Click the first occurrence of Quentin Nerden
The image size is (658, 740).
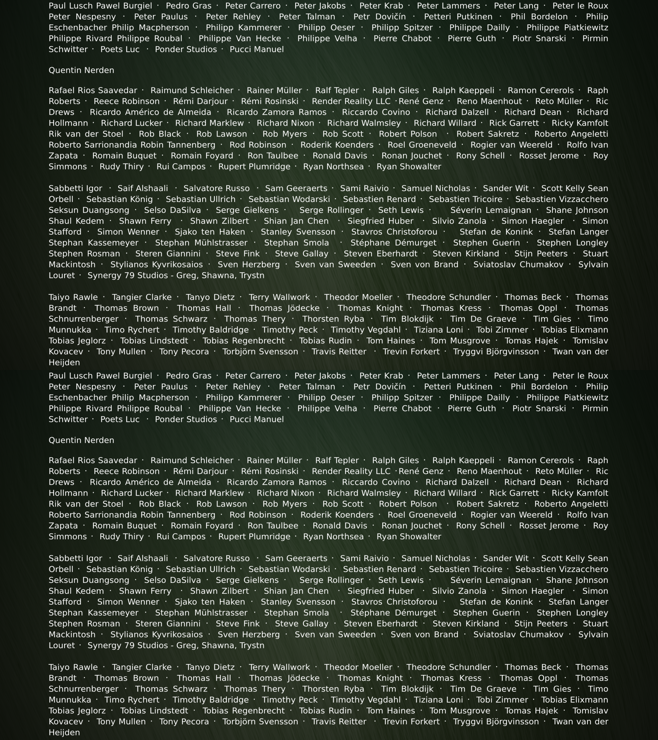tap(81, 70)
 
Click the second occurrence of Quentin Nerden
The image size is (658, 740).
tap(81, 440)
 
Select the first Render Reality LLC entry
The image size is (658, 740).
tap(351, 101)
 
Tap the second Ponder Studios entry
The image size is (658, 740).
tap(186, 419)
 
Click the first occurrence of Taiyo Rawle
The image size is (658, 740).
tap(73, 297)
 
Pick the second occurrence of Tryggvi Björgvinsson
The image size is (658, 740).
tap(496, 722)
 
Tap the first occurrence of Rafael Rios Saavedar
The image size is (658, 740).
tap(93, 90)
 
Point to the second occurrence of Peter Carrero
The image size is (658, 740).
tap(253, 376)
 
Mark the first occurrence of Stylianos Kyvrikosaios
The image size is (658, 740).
tap(156, 265)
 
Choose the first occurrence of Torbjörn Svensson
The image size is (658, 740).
tap(260, 352)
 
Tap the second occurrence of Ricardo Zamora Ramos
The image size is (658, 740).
tap(276, 482)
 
